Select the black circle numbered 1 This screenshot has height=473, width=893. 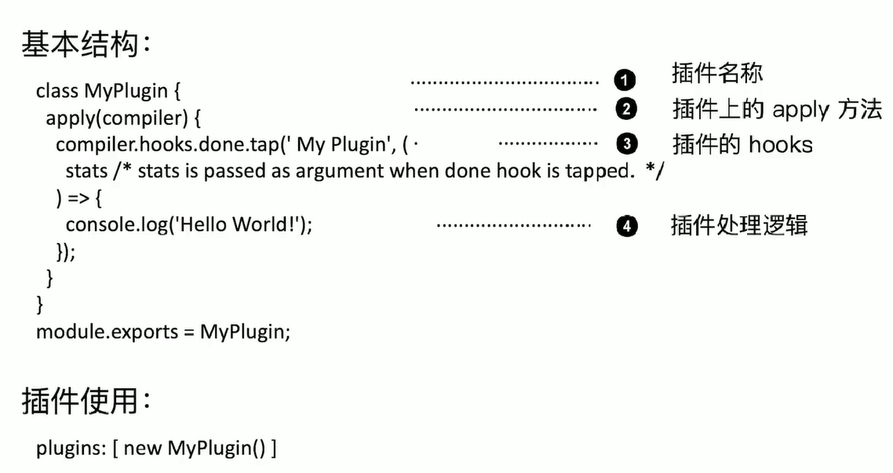pos(625,80)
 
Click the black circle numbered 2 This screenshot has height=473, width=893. pos(625,109)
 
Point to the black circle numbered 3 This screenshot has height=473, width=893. pos(625,144)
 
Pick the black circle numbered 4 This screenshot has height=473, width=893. pos(625,227)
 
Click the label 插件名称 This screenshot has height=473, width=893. pos(717,74)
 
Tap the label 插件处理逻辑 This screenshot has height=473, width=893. pos(739,226)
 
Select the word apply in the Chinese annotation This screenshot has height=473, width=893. pos(800,110)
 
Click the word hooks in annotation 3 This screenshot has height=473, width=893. pos(780,145)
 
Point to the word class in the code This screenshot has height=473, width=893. pos(57,92)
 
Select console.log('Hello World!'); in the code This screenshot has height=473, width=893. pos(189,225)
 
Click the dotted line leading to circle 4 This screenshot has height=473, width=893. pos(512,226)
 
